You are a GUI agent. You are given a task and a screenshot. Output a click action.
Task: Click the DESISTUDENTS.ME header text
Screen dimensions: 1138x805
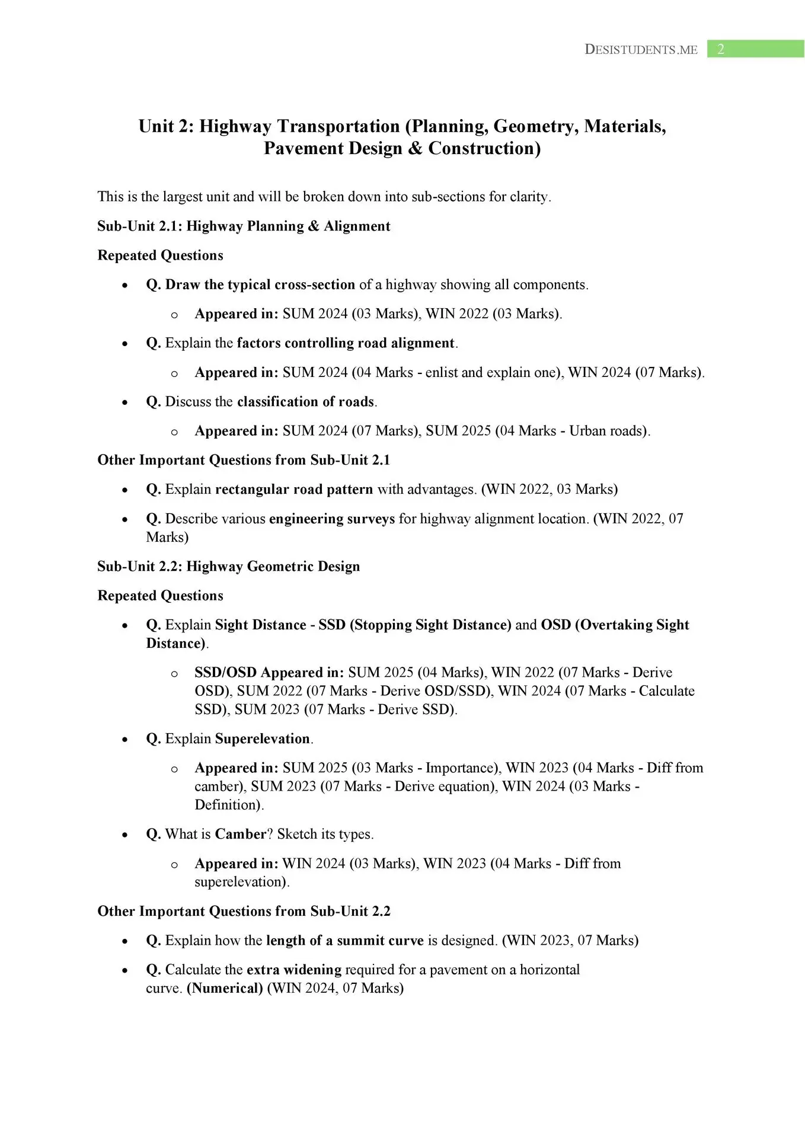point(641,50)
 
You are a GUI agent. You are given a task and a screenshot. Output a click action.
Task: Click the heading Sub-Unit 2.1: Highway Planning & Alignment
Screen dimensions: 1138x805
point(244,226)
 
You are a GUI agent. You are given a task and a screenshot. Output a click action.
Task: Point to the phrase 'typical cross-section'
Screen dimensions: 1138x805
point(296,284)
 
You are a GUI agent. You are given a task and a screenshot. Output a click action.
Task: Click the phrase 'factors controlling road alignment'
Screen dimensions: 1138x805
point(346,343)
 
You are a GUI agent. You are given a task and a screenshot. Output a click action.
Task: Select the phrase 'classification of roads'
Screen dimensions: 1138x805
point(305,402)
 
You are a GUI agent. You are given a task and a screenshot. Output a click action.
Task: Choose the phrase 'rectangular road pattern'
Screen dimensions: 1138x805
point(294,490)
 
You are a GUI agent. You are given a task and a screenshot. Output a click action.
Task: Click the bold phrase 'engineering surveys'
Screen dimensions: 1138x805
point(332,519)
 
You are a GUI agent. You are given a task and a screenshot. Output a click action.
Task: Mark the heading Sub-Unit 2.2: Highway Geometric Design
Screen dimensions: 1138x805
point(228,567)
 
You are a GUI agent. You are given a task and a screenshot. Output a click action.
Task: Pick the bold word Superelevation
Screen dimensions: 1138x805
point(262,739)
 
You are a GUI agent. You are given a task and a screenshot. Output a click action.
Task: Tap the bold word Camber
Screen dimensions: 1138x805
point(240,835)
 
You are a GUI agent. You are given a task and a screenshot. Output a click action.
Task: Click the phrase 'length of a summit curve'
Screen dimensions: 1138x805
point(345,941)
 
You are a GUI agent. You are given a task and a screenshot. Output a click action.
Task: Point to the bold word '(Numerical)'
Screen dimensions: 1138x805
point(225,988)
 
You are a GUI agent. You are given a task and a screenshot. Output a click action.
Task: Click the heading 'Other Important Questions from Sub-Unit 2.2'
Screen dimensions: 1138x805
point(244,911)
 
